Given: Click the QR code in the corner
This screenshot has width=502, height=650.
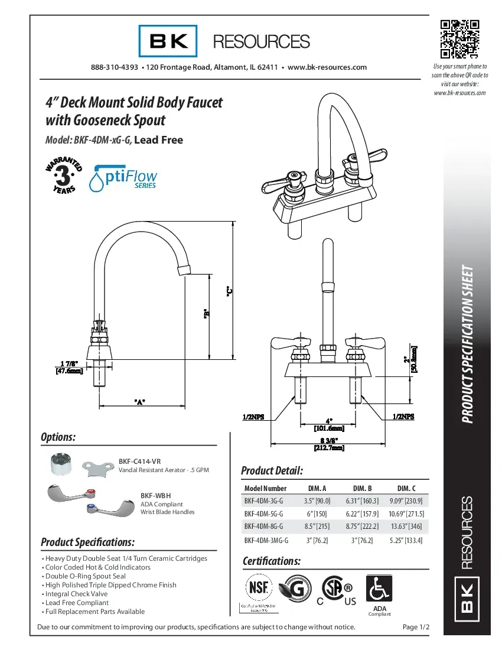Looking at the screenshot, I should (459, 40).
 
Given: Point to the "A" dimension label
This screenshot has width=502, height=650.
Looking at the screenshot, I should (140, 402).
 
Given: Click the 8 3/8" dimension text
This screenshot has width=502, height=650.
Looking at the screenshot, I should (328, 440).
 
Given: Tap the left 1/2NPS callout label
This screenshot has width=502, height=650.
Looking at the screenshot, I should (253, 417).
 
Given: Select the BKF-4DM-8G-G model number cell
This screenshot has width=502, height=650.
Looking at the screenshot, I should (263, 526).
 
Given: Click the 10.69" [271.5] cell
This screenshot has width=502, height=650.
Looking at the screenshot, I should (406, 513).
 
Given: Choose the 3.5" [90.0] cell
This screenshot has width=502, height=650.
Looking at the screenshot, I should (317, 500).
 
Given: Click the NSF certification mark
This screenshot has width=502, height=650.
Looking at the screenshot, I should (257, 588).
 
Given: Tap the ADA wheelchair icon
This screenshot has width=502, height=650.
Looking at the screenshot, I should (379, 589).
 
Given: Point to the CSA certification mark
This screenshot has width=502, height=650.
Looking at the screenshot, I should (334, 590).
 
